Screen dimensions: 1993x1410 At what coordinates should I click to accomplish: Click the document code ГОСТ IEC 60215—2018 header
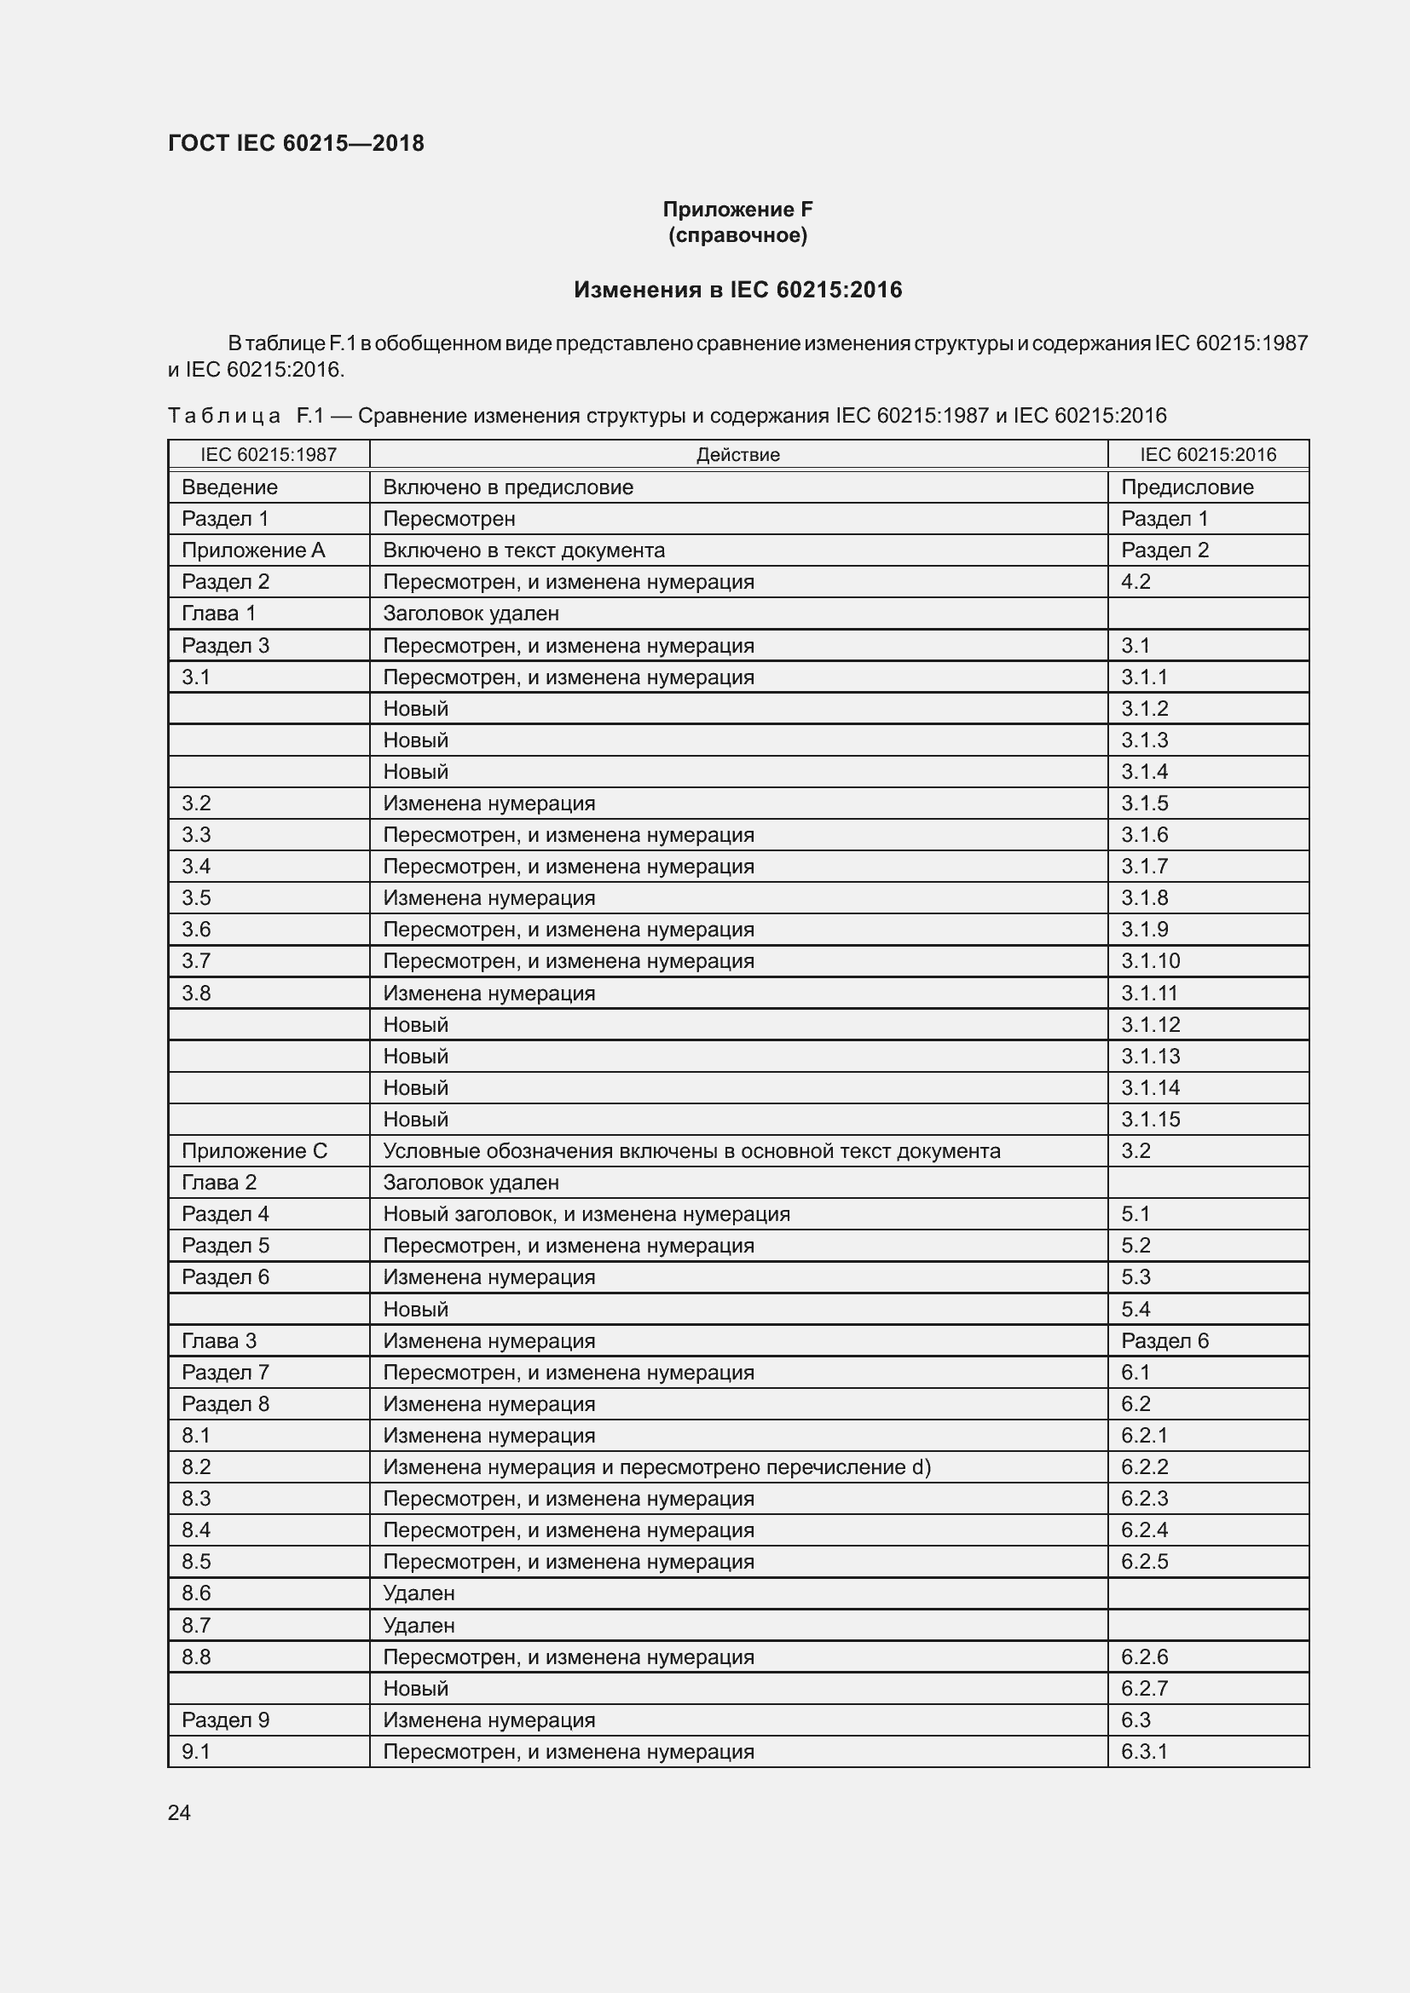295,143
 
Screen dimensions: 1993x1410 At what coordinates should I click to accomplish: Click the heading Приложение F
737,210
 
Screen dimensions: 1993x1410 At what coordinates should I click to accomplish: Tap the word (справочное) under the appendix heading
737,235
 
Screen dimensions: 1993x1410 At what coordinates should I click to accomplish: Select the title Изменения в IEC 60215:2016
737,290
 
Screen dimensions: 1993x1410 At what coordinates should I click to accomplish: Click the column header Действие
737,455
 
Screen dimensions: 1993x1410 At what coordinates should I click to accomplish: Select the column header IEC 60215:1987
269,455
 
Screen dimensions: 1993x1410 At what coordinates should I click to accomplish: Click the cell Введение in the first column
229,487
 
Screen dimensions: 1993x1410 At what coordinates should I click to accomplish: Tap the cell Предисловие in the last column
1187,487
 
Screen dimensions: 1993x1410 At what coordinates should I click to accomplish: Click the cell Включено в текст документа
523,550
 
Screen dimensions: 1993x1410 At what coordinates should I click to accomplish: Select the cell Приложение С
254,1151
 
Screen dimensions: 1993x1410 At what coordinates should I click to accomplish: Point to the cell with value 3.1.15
1150,1120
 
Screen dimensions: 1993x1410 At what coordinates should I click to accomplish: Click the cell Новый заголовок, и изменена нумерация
586,1214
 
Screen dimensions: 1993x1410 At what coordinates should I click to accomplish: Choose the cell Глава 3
219,1341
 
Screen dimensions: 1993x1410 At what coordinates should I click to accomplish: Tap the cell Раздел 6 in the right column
1164,1341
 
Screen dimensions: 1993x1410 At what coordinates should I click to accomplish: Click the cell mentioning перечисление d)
656,1467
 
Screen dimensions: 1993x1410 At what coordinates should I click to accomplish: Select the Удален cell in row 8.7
419,1625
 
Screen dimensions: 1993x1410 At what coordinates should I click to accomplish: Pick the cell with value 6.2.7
1144,1688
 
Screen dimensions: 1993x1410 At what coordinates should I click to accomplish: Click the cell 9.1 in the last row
196,1752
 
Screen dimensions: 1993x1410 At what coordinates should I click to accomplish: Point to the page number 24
179,1812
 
